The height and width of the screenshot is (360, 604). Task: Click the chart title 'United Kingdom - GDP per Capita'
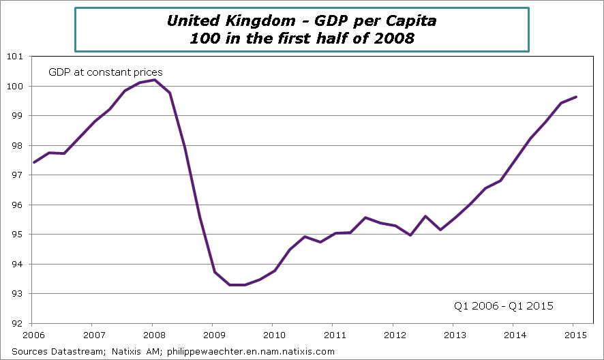301,20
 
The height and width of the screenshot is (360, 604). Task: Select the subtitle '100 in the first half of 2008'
301,38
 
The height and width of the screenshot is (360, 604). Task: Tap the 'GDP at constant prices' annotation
104,72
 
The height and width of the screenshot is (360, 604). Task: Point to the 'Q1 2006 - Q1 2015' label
503,306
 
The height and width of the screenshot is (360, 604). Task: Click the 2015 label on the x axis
574,335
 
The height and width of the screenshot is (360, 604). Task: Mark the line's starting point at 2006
33,162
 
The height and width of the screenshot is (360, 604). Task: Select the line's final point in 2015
577,97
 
